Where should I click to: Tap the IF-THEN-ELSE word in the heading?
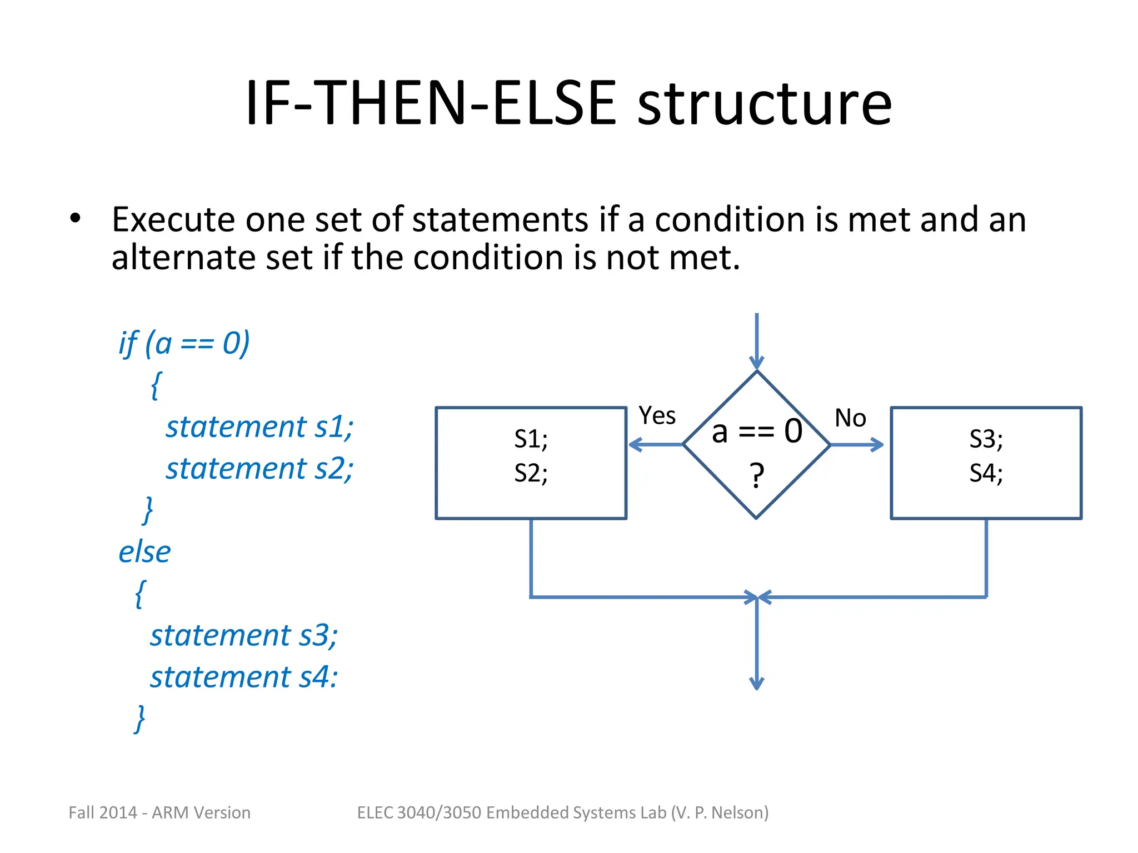point(431,104)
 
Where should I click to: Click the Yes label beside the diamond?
point(657,415)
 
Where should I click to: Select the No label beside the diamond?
point(850,418)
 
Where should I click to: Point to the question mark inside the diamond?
point(756,475)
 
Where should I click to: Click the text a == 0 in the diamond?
point(757,431)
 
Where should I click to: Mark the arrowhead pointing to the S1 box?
point(635,444)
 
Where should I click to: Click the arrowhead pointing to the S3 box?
point(878,444)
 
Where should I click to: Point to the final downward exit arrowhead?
point(756,683)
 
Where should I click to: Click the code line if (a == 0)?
point(184,343)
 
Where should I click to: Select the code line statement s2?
point(259,468)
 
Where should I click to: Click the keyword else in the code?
point(144,552)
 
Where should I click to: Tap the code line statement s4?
point(244,677)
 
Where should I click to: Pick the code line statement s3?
point(244,635)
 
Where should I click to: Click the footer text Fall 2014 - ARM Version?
point(159,812)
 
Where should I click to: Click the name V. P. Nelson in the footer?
point(720,812)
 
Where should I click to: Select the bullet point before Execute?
point(75,218)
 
